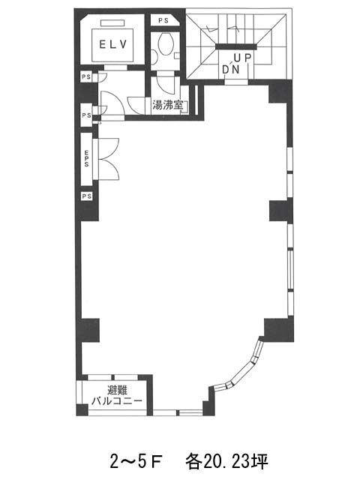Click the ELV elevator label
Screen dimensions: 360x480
coord(113,45)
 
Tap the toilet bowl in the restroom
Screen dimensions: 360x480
coord(166,43)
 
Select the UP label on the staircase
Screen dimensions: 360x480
coord(242,58)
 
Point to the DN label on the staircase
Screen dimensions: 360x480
coord(230,70)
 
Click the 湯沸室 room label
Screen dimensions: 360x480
coord(168,105)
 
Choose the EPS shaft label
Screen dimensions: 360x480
coord(87,158)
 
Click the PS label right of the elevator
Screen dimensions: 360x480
coord(163,21)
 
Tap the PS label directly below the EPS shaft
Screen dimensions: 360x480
coord(87,196)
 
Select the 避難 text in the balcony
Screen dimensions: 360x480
coord(117,390)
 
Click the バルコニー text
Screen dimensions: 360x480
coord(117,400)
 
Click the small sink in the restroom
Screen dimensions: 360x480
coord(154,56)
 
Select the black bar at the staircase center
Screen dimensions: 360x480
coord(235,46)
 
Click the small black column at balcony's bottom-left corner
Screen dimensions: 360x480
coord(82,410)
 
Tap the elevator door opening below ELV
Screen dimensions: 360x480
coord(115,67)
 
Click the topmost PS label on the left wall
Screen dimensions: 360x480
coord(87,76)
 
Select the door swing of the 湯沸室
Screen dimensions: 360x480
coord(166,85)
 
